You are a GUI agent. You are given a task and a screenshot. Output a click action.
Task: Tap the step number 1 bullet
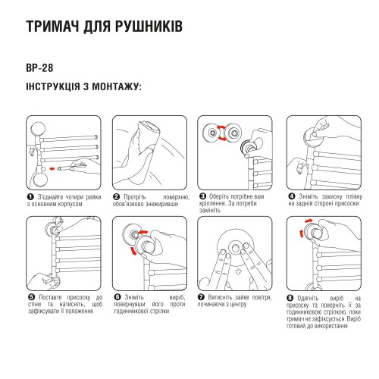[30, 196]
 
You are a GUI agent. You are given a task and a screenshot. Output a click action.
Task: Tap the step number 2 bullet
[116, 196]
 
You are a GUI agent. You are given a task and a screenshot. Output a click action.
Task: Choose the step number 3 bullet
[202, 196]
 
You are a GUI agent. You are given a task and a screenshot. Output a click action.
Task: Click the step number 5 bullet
[30, 298]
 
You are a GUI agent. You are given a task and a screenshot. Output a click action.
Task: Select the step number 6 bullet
[116, 298]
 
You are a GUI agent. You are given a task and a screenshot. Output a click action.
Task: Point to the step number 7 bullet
[202, 298]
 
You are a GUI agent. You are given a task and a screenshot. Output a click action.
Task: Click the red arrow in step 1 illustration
[51, 166]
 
